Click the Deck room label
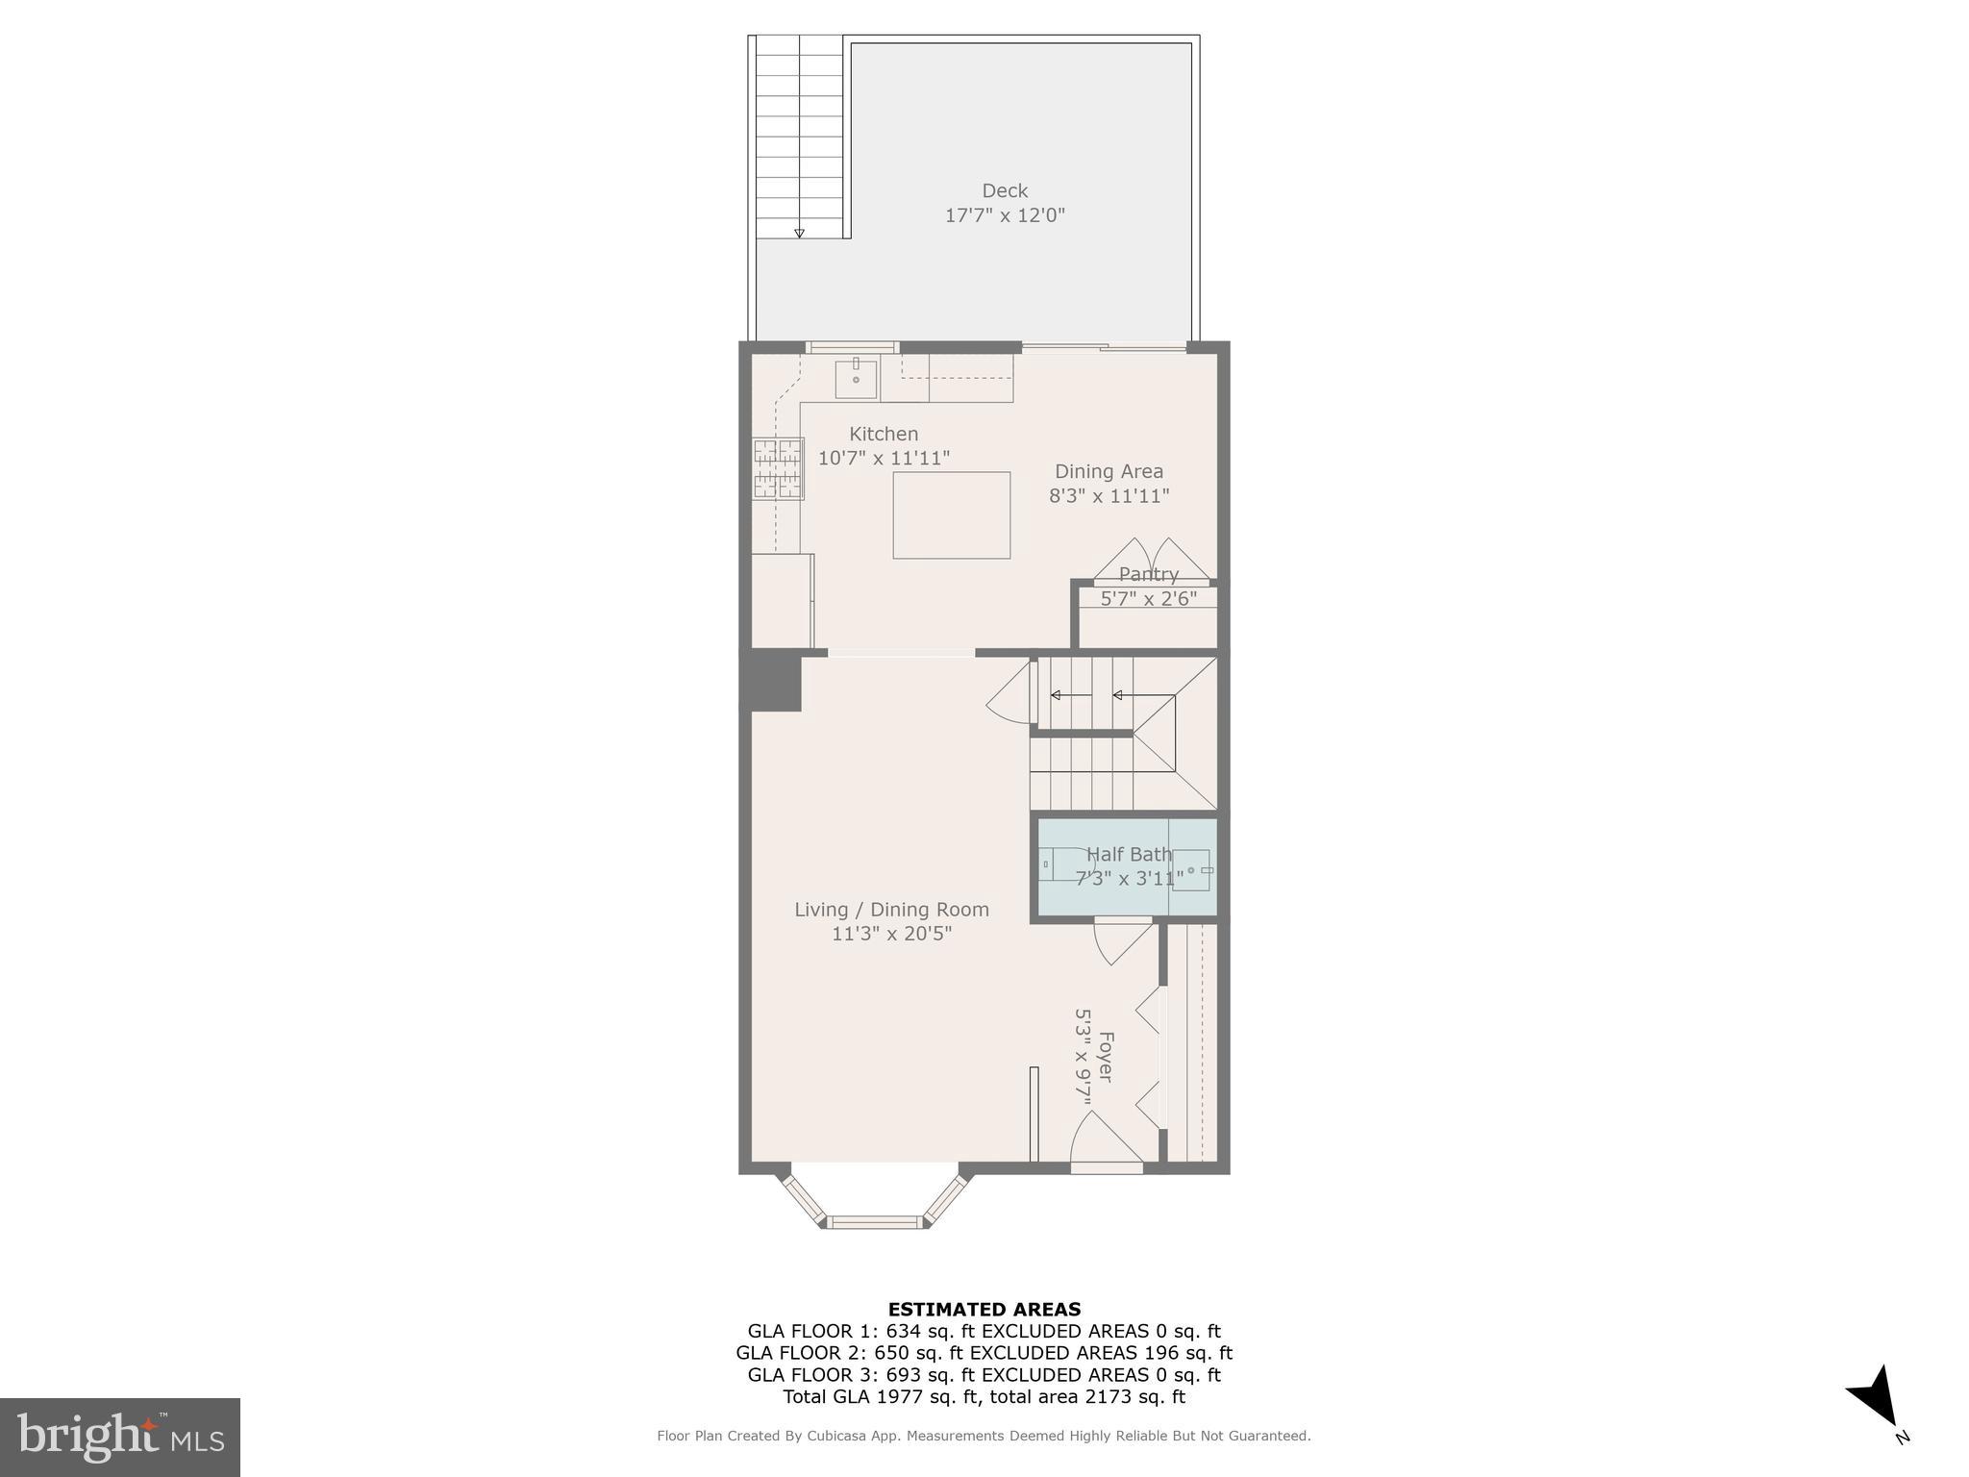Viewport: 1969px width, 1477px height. coord(1005,190)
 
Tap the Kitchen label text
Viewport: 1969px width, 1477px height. coord(884,434)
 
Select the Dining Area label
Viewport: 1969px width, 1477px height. coord(1109,471)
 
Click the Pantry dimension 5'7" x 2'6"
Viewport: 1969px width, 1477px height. coord(1148,598)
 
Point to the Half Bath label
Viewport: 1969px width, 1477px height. coord(1129,854)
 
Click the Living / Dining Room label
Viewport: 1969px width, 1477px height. coord(891,909)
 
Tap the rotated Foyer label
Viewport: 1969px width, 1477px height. coord(1106,1057)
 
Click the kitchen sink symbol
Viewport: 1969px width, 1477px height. coord(856,378)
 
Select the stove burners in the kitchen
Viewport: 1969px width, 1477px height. coord(778,468)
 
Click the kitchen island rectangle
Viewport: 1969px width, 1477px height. coord(951,514)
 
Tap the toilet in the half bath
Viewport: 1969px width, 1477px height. coord(1065,864)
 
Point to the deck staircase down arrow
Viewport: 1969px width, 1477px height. coord(799,233)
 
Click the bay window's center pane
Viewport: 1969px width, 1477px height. coord(875,1222)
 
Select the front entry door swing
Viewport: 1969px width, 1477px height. coord(1106,1141)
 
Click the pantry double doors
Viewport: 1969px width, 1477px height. coord(1152,561)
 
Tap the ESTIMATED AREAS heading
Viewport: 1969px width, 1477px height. coord(984,1309)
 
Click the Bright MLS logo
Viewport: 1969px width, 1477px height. coord(120,1437)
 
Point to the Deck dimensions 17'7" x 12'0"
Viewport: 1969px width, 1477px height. coord(1005,215)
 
